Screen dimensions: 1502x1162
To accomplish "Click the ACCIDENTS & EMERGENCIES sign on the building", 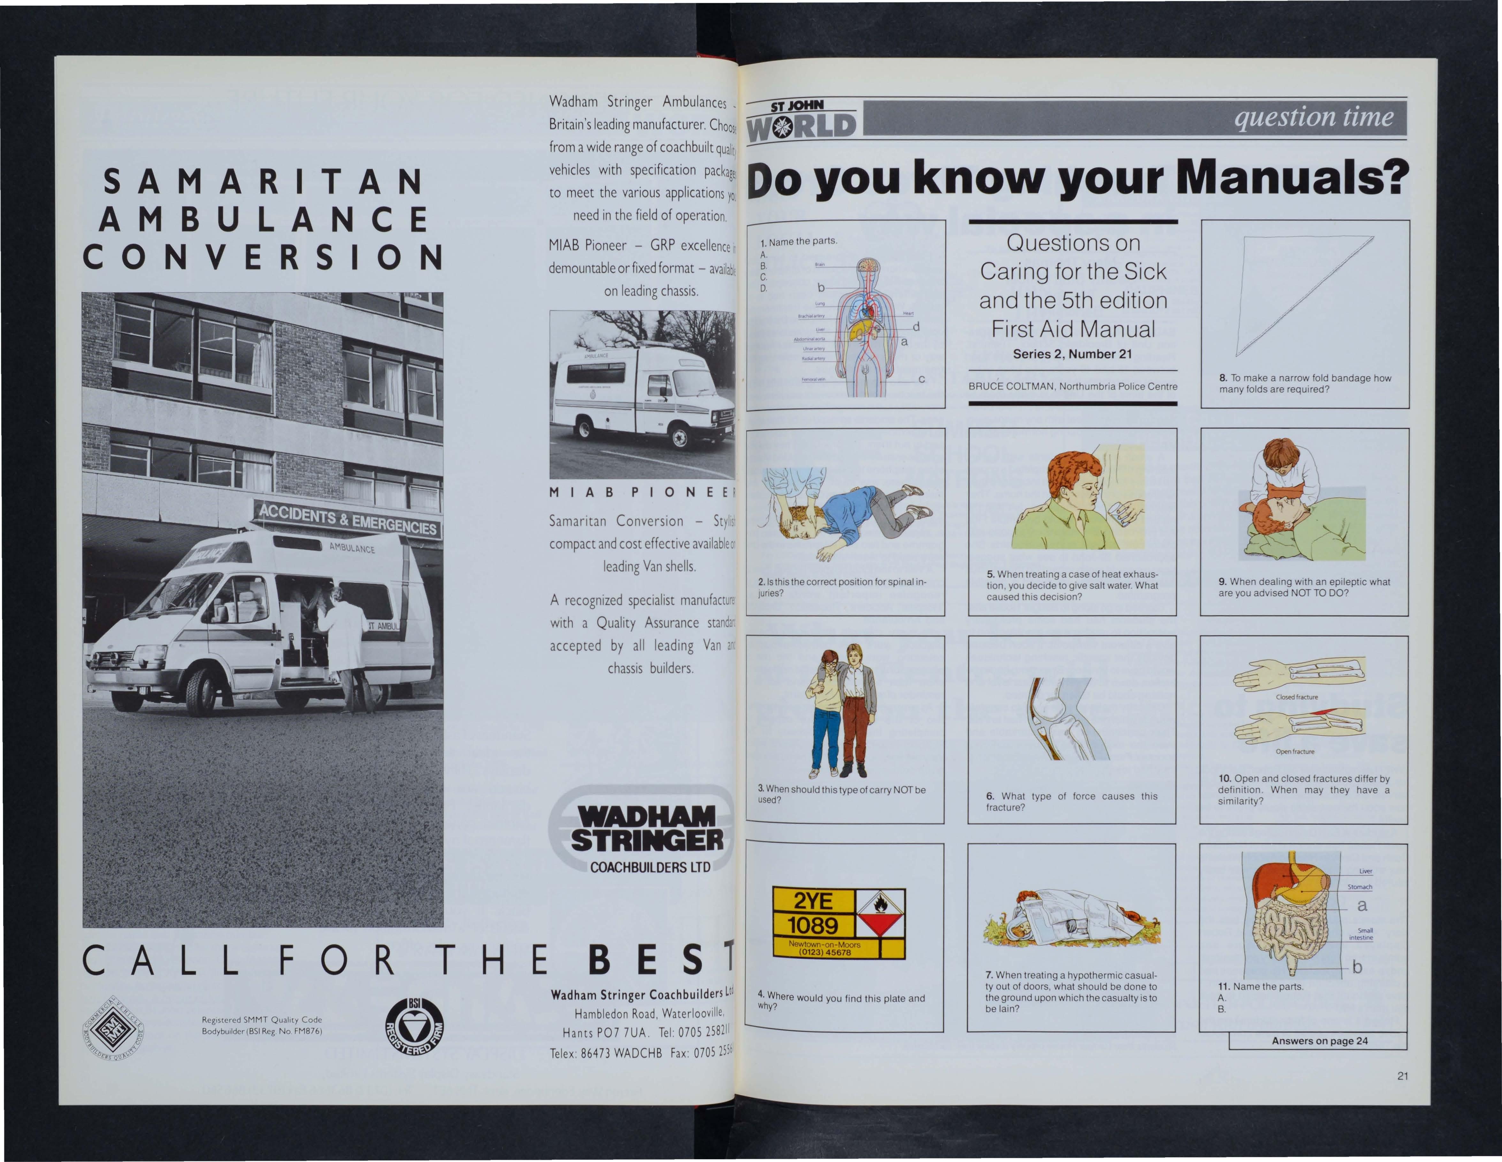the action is [347, 519].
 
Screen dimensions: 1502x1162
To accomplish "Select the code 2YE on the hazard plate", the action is [813, 901].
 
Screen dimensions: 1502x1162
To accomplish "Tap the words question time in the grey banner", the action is [1314, 118].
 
